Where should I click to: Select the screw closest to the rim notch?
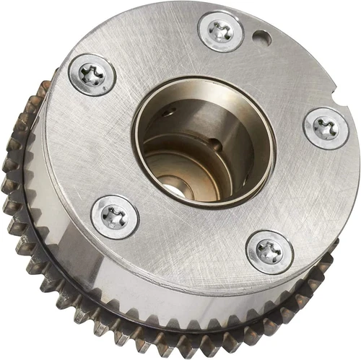click(326, 128)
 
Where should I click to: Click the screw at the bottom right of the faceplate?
click(269, 252)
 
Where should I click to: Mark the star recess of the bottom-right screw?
click(269, 252)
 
